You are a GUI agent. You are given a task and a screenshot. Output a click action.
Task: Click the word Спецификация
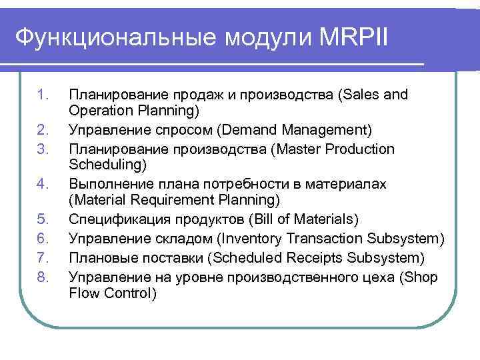(115, 220)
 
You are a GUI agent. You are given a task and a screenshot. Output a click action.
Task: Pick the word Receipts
(278, 257)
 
